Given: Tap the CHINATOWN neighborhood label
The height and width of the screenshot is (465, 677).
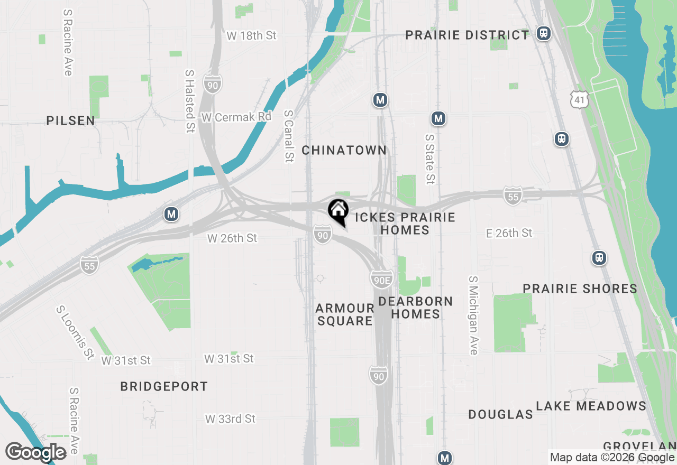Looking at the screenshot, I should pos(344,151).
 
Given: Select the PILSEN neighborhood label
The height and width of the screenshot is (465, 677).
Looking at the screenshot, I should pos(70,121).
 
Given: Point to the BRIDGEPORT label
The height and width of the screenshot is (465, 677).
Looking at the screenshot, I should pos(164,387).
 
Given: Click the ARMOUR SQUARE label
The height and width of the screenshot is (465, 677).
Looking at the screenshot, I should pos(345,314).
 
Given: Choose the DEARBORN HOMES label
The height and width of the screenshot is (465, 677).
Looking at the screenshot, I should pos(416,308).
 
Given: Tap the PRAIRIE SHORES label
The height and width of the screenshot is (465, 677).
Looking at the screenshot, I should pos(580,289).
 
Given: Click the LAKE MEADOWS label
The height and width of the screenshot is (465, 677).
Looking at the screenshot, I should pos(591,406).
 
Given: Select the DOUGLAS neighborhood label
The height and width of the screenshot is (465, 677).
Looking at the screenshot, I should pos(500,415).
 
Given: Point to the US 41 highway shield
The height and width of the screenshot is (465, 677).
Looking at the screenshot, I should pos(580,99).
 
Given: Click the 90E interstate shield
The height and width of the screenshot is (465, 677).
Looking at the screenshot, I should pos(381,280).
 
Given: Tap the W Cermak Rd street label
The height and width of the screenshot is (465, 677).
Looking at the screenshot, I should pos(236,117).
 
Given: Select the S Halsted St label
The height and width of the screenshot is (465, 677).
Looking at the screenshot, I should pos(190,101).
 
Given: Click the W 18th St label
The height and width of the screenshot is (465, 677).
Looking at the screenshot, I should pos(251,36).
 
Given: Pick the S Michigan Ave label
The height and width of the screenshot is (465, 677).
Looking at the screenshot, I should pos(473,315).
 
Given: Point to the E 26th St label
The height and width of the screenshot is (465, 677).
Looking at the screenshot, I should pos(509,233).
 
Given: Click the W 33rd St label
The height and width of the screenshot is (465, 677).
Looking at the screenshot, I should pos(230,419).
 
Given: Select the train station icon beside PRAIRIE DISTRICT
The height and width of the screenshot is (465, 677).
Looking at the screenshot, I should pos(543,34).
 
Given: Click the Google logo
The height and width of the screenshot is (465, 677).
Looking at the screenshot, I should pos(36,453).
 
